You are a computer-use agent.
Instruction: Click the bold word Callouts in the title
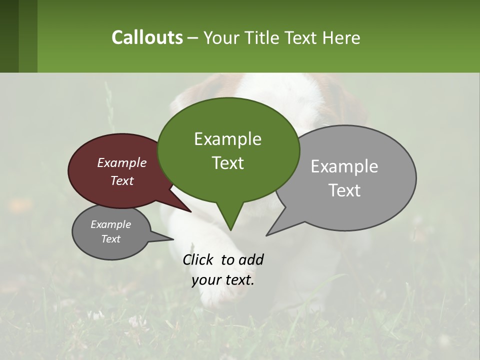point(147,37)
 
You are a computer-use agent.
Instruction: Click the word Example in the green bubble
point(227,139)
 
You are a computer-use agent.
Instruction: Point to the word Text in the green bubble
point(227,163)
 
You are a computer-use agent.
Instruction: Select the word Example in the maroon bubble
point(121,162)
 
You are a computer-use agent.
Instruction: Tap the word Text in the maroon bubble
point(121,180)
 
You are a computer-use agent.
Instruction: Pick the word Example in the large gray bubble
point(344,166)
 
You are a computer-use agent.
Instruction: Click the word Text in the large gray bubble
point(344,190)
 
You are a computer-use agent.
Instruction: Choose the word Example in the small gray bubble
point(110,224)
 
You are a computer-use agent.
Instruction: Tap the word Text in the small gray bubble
point(110,239)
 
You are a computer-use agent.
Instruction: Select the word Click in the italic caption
point(199,259)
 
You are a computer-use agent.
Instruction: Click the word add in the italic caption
point(251,259)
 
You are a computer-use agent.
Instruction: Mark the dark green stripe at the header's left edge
point(9,36)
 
